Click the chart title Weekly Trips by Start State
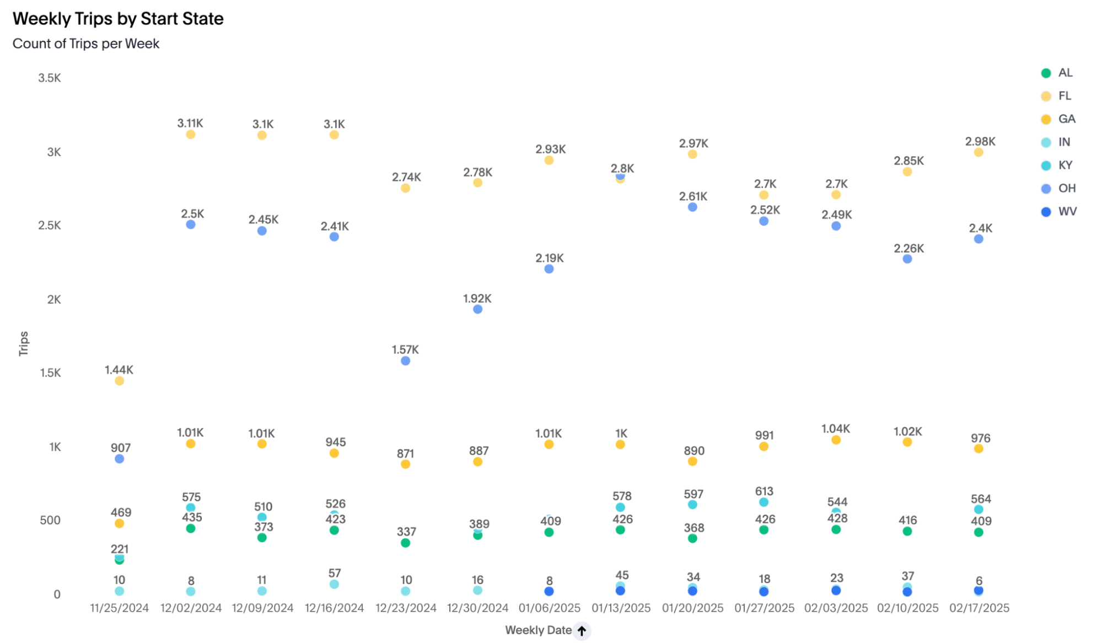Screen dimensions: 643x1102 [118, 19]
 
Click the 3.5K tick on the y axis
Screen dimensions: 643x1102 [50, 78]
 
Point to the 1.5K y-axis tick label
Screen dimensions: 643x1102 [50, 373]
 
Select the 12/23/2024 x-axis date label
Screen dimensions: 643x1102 [406, 608]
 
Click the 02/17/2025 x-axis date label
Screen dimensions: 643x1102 [979, 608]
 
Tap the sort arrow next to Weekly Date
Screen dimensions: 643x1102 [582, 630]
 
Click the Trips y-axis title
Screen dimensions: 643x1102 [24, 343]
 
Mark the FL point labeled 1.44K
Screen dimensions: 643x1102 [119, 381]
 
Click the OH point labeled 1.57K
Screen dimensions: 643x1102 [405, 361]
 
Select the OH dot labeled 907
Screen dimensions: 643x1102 [119, 459]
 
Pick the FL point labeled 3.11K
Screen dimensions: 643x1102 [190, 135]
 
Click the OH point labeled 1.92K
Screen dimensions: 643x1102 [477, 309]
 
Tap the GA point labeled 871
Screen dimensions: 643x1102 [405, 464]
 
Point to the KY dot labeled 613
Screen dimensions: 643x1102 [764, 502]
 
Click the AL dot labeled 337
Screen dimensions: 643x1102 [405, 543]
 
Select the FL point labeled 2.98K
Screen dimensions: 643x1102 [979, 153]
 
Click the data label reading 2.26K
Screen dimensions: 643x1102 [909, 249]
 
